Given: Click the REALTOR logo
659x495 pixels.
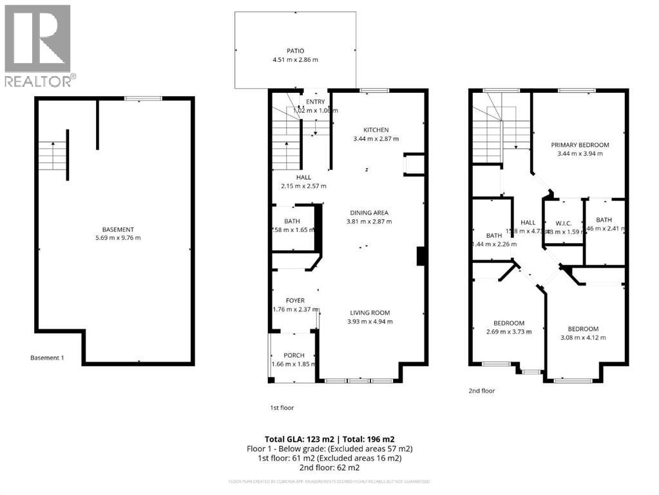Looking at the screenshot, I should tap(38, 45).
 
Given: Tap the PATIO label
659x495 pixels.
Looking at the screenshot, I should tap(295, 51).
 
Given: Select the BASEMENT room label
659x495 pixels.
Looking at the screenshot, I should tap(118, 229).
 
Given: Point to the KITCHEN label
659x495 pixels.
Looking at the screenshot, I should tap(376, 130).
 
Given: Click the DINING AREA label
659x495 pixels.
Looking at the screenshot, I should tap(369, 213).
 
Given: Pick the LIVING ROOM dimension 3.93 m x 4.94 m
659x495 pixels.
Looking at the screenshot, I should tap(370, 322).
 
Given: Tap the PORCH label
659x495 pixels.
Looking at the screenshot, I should tap(294, 355).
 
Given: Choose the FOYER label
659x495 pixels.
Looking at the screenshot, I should tap(296, 300).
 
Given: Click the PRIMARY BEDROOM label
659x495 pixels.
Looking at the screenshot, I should tap(580, 145).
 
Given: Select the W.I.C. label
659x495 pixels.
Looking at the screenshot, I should tap(564, 224).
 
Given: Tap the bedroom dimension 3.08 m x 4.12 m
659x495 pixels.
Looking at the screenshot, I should tap(584, 337).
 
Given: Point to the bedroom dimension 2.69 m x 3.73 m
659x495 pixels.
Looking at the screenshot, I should tap(509, 332).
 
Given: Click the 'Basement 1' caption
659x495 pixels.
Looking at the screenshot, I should tap(47, 358).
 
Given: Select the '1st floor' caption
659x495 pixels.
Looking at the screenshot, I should tap(282, 407).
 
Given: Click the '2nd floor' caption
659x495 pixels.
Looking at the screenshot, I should tap(481, 391).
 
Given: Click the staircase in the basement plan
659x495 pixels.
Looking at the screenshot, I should tap(52, 155).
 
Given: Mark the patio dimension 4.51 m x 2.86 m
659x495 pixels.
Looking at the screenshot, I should tap(295, 60).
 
